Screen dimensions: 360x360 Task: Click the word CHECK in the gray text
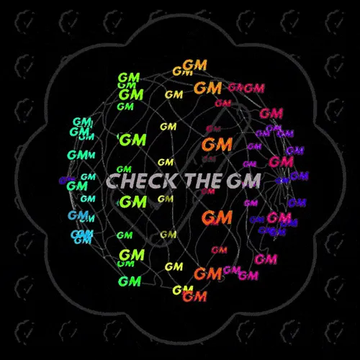tap(141, 181)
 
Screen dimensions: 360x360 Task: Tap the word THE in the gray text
tap(204, 181)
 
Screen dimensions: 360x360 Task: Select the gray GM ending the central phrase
tap(243, 181)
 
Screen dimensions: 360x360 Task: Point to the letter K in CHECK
tap(169, 181)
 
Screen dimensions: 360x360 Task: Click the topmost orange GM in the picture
tap(194, 65)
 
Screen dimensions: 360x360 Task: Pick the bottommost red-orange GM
tap(194, 297)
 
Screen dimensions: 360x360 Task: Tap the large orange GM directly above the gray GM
tap(217, 145)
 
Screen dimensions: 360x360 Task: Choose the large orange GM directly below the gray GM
tap(217, 217)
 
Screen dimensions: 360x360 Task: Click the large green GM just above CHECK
tap(132, 140)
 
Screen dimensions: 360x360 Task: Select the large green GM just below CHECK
tap(133, 202)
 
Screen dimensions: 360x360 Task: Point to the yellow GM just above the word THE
tap(166, 163)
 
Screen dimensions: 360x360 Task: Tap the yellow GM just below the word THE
tap(166, 199)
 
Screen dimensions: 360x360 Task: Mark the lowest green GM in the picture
tap(130, 282)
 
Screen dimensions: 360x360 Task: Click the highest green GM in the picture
tap(129, 78)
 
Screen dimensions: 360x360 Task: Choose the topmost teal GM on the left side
tap(82, 122)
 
